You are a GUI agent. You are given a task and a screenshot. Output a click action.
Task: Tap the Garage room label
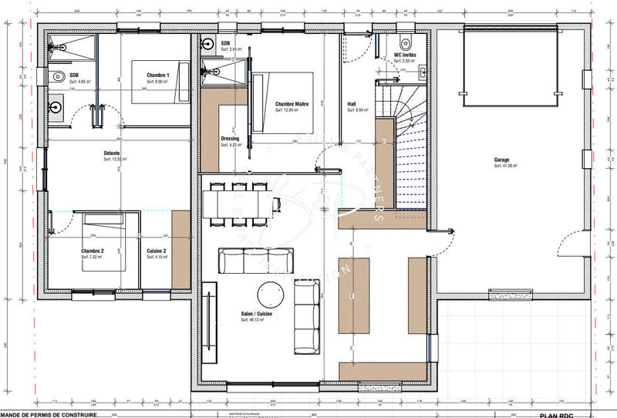pos(501,160)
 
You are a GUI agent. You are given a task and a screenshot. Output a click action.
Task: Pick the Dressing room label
pos(230,139)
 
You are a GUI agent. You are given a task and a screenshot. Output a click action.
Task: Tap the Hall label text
pos(352,104)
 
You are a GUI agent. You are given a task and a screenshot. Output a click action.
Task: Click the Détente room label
pos(111,153)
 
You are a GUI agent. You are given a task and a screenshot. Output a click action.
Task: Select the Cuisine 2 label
pos(157,251)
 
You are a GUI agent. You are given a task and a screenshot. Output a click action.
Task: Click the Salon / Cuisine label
pos(256,314)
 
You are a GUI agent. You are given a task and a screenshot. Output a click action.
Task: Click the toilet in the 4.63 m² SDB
pos(59,78)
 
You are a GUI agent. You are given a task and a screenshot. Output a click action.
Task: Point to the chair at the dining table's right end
pos(277,203)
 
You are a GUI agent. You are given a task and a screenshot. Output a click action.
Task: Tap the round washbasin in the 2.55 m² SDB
pos(208,44)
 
